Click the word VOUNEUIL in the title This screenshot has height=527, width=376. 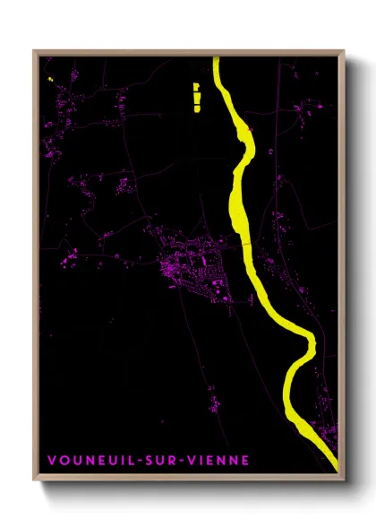coord(88,461)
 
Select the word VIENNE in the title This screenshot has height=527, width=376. coord(218,461)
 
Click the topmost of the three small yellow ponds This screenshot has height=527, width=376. coord(196,85)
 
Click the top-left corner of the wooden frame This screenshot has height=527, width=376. coord(35,52)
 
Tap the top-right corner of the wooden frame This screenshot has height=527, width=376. coord(344,52)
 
